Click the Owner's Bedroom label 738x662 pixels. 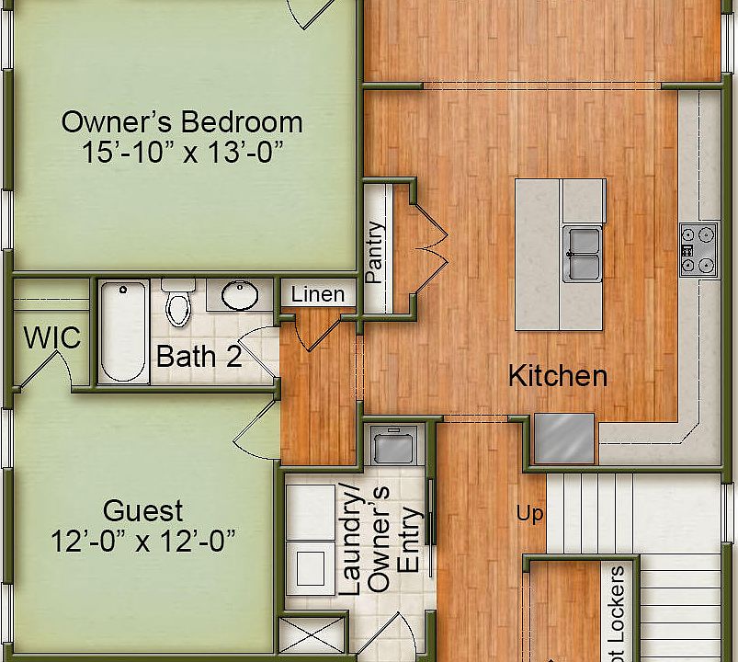click(181, 121)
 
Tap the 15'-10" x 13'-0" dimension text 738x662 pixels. click(181, 152)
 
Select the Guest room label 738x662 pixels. click(142, 510)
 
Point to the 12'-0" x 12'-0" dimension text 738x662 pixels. click(142, 541)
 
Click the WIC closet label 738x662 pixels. click(51, 337)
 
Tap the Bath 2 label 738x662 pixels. click(199, 357)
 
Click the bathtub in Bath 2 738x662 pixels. click(123, 332)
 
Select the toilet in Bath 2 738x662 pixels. click(178, 303)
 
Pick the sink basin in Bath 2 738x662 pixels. click(241, 295)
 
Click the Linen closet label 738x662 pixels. click(318, 295)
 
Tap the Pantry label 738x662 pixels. click(374, 251)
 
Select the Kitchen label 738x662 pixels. click(558, 376)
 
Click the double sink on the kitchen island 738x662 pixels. click(583, 253)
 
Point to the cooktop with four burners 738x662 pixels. click(698, 249)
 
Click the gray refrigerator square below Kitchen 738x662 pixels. click(564, 439)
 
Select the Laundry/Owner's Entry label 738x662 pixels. click(384, 538)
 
